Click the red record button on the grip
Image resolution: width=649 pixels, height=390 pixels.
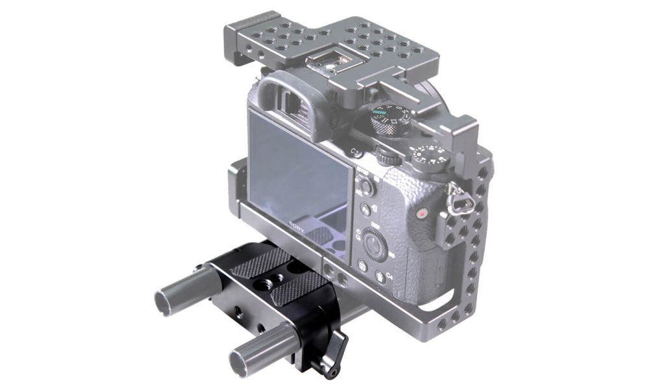coord(422,213)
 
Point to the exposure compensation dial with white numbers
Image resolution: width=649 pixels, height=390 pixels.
coord(430,157)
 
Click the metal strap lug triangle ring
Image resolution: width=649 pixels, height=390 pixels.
coord(458,193)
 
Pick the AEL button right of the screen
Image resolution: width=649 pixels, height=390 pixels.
coord(366,187)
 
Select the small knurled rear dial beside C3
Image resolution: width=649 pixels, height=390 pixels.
coord(387,157)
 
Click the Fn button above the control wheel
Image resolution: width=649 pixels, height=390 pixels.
coord(365,210)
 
